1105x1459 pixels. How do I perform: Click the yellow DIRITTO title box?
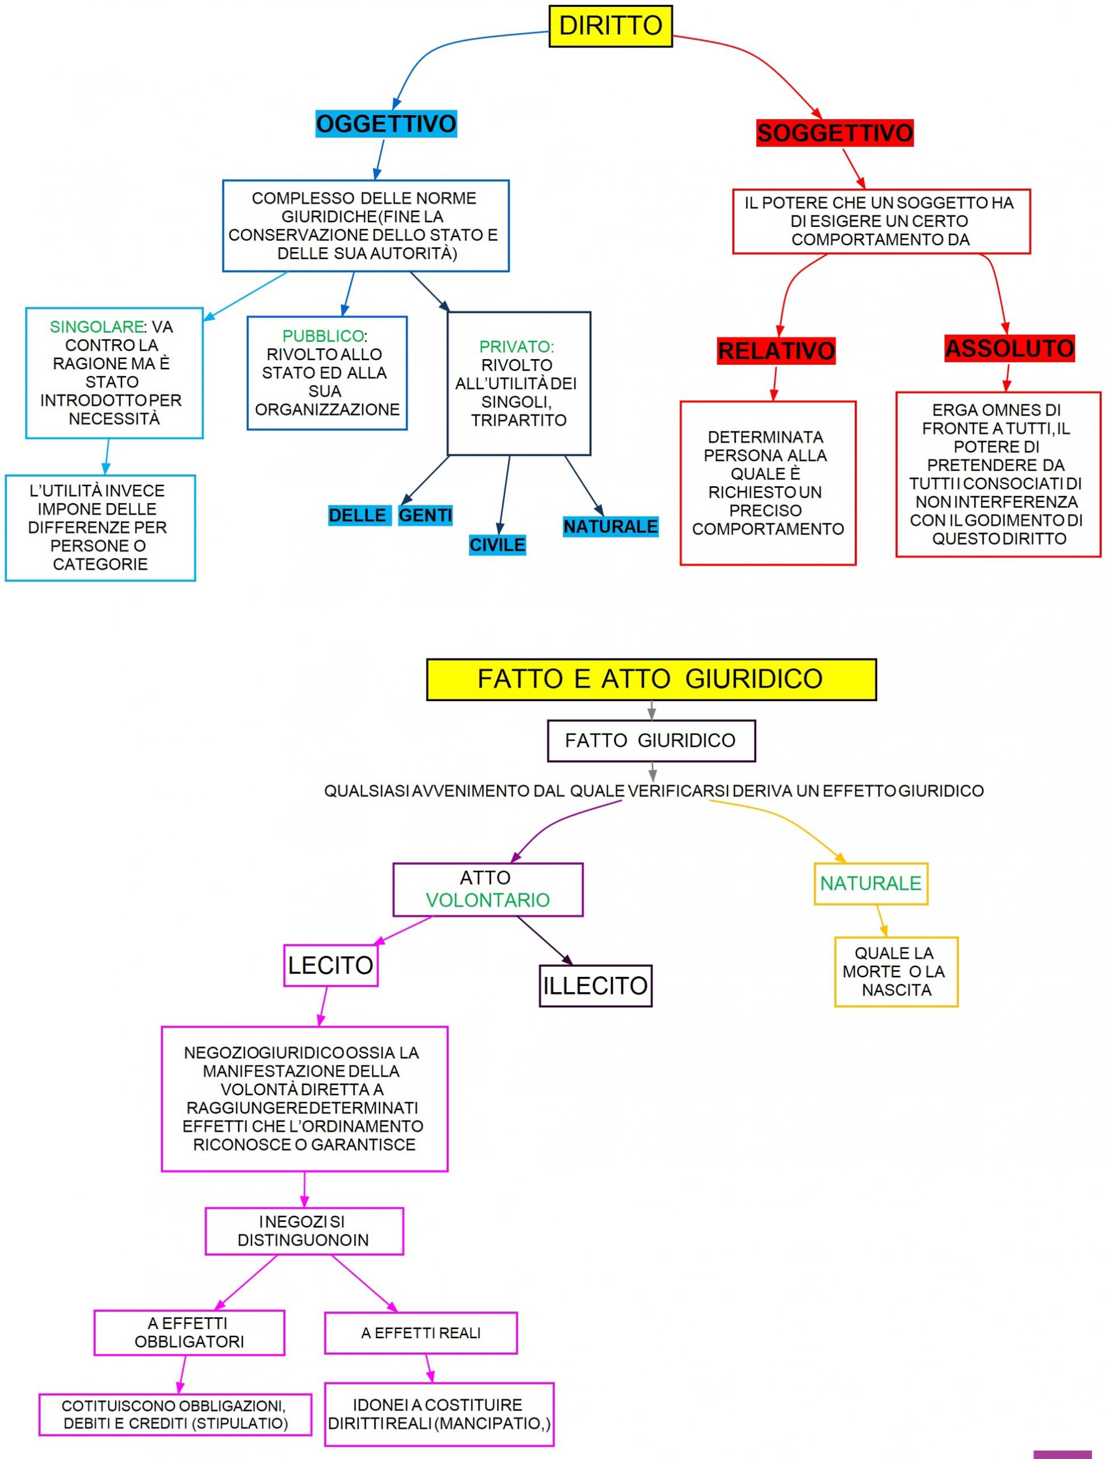[x=610, y=26]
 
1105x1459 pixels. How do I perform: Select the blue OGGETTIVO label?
[x=386, y=123]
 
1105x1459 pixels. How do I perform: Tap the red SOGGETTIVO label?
[x=834, y=133]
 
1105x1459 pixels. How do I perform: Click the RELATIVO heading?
[x=776, y=351]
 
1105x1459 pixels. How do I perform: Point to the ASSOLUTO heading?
[x=1009, y=348]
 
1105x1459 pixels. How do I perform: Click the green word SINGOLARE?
[x=96, y=327]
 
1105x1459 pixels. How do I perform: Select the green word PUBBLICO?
[x=322, y=336]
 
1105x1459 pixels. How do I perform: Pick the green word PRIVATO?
[x=515, y=347]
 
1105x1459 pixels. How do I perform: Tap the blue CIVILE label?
[x=497, y=545]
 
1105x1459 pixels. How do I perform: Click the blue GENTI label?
[x=425, y=515]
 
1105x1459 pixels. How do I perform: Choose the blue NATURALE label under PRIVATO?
[x=610, y=527]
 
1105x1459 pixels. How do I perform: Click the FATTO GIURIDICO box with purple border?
[x=650, y=741]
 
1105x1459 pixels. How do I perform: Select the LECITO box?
[x=330, y=965]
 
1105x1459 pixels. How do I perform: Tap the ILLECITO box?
[x=595, y=985]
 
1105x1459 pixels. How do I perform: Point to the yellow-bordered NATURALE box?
[x=870, y=883]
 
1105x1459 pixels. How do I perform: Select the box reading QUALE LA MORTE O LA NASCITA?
[x=895, y=972]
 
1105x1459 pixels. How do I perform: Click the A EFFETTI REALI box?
[x=420, y=1333]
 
